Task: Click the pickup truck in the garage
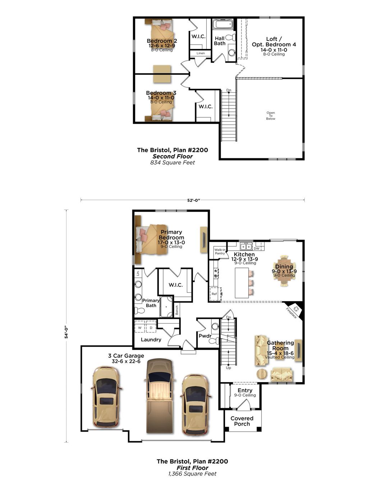[159, 395]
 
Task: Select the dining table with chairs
[284, 271]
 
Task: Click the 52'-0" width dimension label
[193, 200]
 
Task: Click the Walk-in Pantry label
[220, 252]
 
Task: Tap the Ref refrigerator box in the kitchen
[215, 294]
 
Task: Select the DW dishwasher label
[256, 248]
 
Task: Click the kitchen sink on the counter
[246, 246]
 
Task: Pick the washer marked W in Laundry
[140, 328]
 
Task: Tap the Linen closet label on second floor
[201, 53]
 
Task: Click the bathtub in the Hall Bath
[222, 25]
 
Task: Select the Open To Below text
[271, 116]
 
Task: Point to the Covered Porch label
[242, 421]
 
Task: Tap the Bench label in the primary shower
[177, 310]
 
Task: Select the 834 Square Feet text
[172, 163]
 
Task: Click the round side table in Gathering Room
[262, 374]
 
